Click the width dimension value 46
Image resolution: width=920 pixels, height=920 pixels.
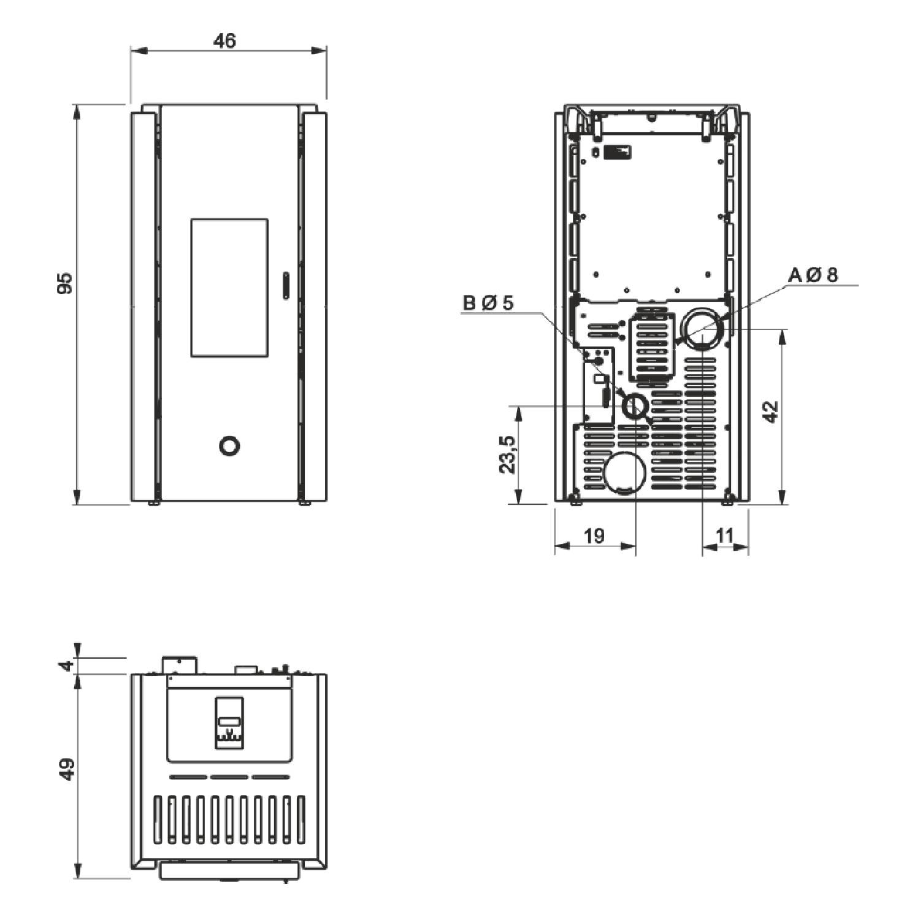click(224, 40)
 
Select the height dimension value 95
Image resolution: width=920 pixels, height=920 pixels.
click(64, 283)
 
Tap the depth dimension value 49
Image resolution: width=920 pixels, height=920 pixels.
click(67, 769)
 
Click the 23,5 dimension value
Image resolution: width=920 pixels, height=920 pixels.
click(508, 454)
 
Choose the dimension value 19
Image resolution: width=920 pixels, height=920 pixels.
click(594, 535)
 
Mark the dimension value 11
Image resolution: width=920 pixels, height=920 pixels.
click(724, 535)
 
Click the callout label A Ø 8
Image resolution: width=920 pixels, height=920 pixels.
click(813, 275)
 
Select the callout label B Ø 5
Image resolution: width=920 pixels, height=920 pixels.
click(488, 303)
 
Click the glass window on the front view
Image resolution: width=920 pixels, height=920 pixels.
click(229, 288)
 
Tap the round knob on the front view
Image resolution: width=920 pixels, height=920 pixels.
click(229, 446)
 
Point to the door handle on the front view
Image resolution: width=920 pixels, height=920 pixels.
click(285, 286)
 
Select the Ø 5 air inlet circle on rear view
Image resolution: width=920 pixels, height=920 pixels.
click(635, 406)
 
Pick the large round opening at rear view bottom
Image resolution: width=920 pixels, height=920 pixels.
click(624, 472)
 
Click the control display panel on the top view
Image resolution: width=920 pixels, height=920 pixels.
click(229, 723)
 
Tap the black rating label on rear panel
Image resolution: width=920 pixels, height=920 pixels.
click(616, 151)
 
